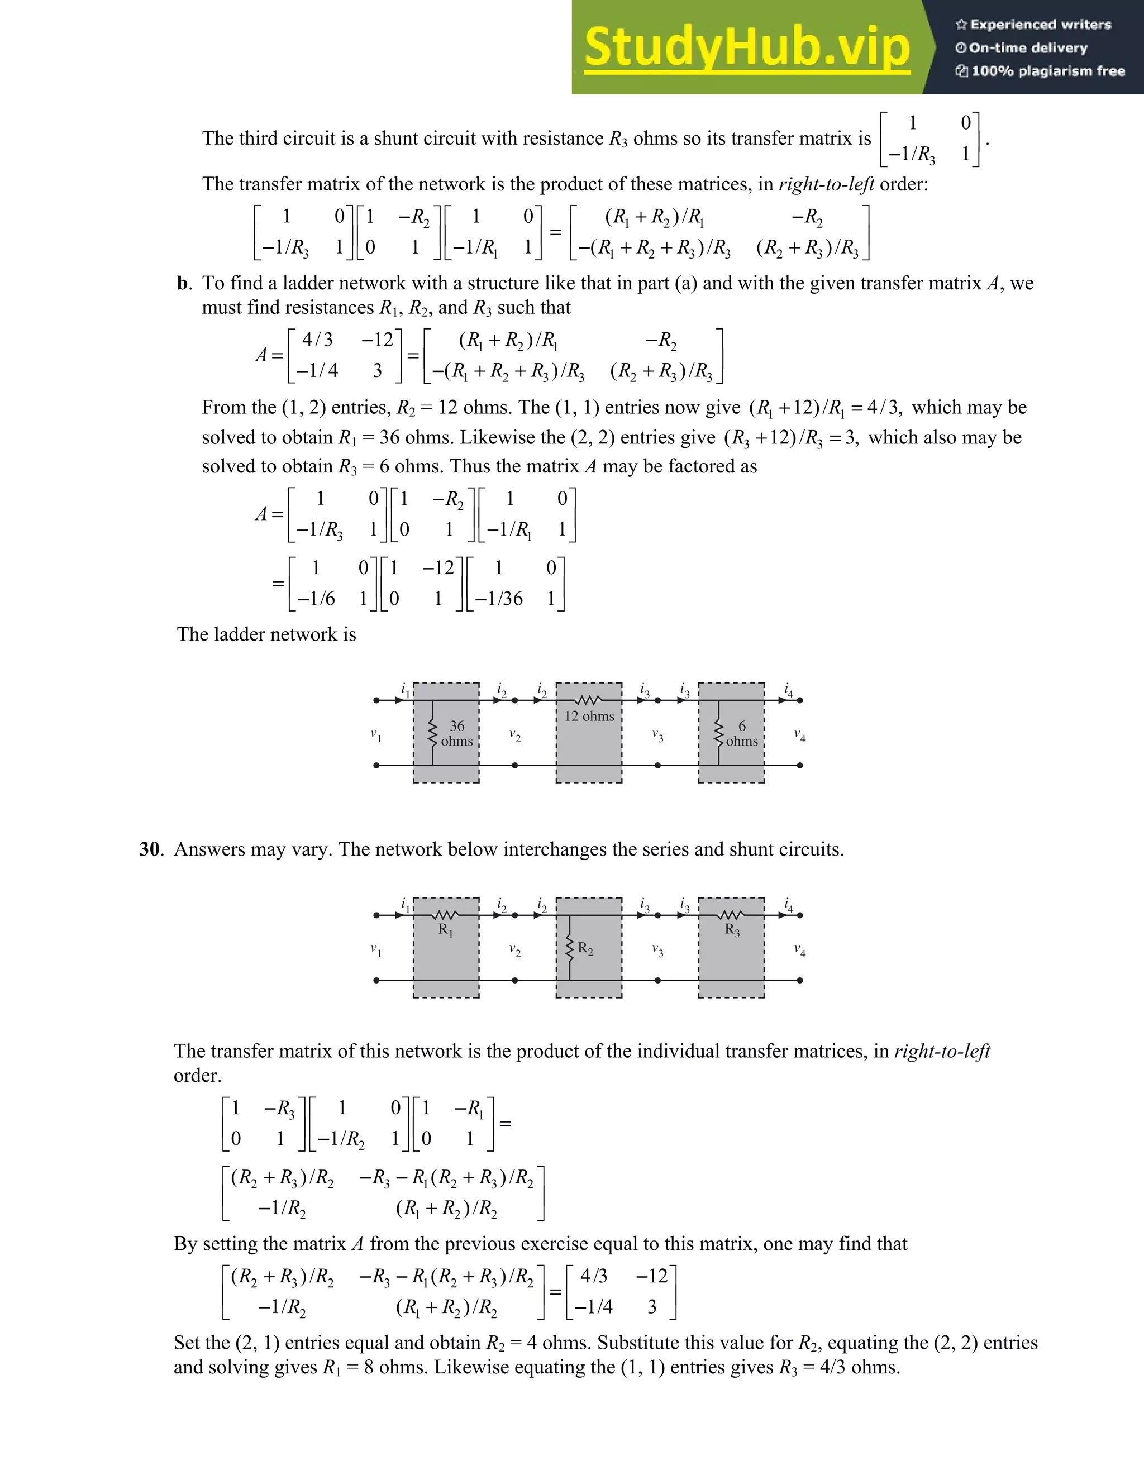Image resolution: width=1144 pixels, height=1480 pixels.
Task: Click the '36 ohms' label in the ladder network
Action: pyautogui.click(x=457, y=734)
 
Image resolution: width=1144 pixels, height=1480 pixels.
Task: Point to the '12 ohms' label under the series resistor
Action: pyautogui.click(x=589, y=717)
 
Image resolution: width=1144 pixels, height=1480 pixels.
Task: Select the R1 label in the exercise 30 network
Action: pyautogui.click(x=446, y=930)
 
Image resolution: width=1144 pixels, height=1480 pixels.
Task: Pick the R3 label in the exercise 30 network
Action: pyautogui.click(x=732, y=930)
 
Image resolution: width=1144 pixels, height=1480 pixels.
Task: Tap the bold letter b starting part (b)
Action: pyautogui.click(x=182, y=283)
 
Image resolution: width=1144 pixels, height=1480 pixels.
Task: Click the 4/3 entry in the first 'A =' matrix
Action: pyautogui.click(x=317, y=340)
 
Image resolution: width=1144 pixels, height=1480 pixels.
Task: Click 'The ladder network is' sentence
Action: pyautogui.click(x=266, y=635)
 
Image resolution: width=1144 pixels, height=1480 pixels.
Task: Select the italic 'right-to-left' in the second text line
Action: pyautogui.click(x=826, y=184)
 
